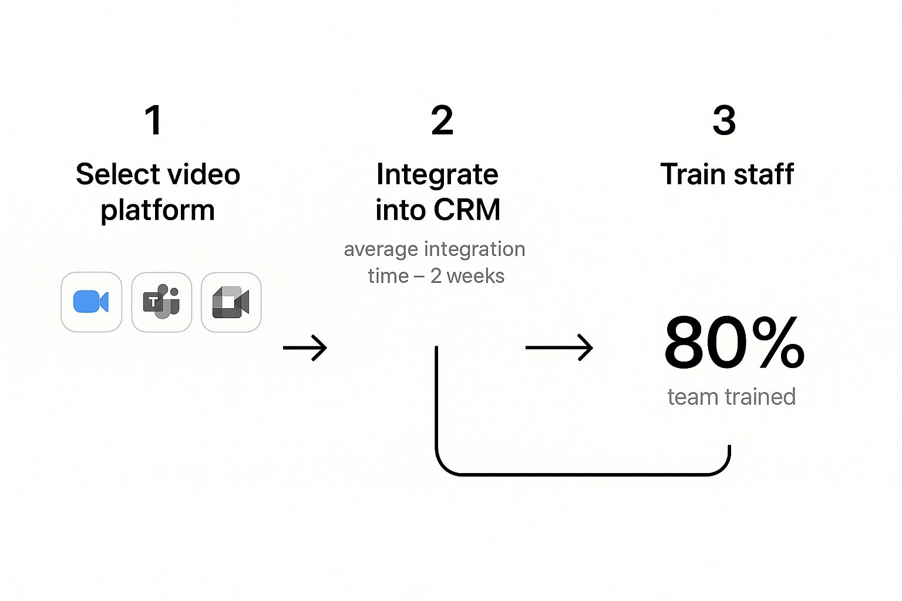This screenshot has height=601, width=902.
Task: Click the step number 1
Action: (x=153, y=120)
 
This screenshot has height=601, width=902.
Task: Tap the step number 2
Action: (x=442, y=120)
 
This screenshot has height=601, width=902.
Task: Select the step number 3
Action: (x=723, y=120)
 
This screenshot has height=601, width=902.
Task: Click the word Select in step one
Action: (x=109, y=174)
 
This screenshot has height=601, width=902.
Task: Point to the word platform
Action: (x=157, y=210)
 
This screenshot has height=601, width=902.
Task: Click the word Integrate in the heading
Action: (x=437, y=174)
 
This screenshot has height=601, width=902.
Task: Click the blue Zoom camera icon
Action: (x=91, y=302)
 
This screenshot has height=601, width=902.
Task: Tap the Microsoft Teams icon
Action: (x=161, y=302)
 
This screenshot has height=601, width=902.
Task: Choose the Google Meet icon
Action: (x=231, y=302)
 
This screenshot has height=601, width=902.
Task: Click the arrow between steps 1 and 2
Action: (x=305, y=348)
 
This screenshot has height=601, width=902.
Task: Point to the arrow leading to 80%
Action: (x=559, y=347)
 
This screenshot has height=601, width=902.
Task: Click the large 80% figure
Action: (x=733, y=343)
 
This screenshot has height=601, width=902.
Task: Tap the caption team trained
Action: (x=731, y=397)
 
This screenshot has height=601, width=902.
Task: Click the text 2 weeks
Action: (x=467, y=276)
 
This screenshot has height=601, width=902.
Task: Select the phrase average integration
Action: (x=434, y=249)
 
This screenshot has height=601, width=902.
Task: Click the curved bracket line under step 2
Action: (x=581, y=473)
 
